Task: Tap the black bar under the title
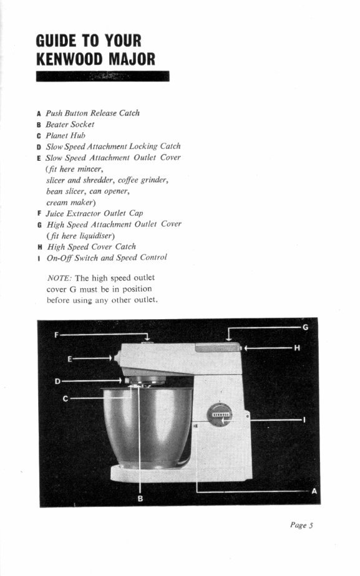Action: pyautogui.click(x=103, y=76)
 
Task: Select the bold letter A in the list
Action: pyautogui.click(x=39, y=113)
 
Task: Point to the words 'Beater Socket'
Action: pyautogui.click(x=70, y=124)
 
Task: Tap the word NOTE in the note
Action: pyautogui.click(x=59, y=277)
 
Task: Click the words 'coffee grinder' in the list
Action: pyautogui.click(x=144, y=180)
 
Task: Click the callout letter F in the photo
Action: pyautogui.click(x=56, y=335)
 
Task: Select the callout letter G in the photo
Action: pyautogui.click(x=305, y=327)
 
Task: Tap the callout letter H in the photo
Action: pyautogui.click(x=297, y=348)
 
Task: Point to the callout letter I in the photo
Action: pyautogui.click(x=304, y=420)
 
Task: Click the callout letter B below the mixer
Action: pyautogui.click(x=140, y=498)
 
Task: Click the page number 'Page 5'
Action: pyautogui.click(x=301, y=526)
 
